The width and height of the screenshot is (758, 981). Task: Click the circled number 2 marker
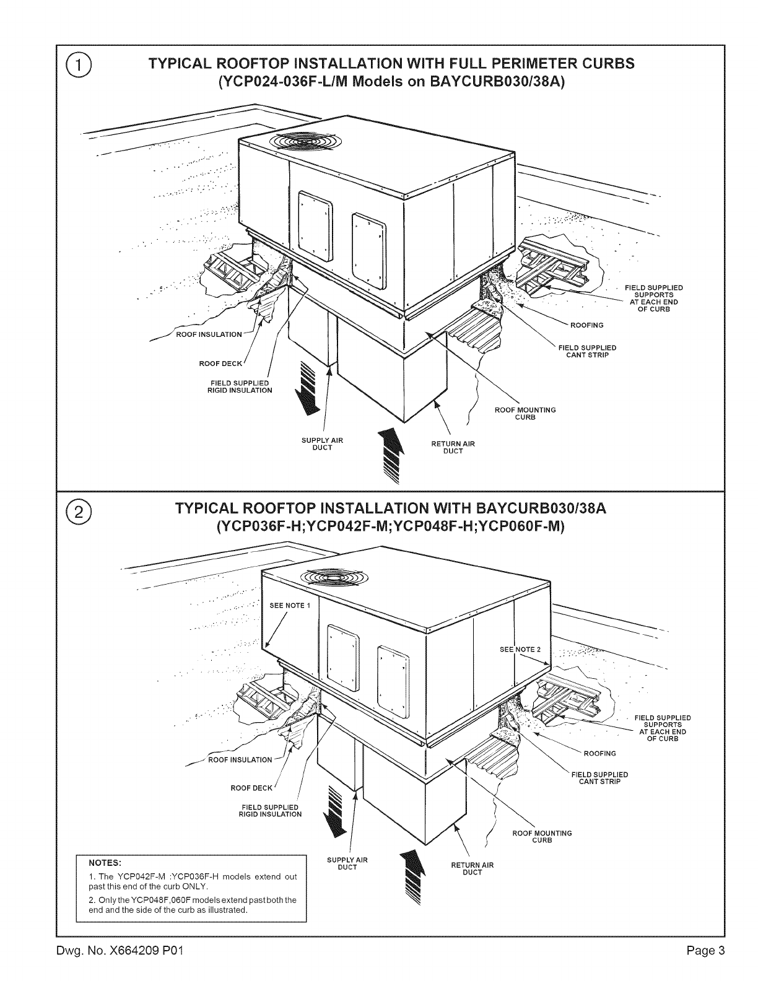point(79,513)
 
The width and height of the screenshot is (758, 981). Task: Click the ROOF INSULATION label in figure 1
point(209,334)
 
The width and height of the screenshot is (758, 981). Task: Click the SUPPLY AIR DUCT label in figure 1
point(322,443)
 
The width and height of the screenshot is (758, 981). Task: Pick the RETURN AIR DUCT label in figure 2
point(473,868)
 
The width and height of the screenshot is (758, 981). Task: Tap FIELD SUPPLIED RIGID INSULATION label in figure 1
point(240,386)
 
